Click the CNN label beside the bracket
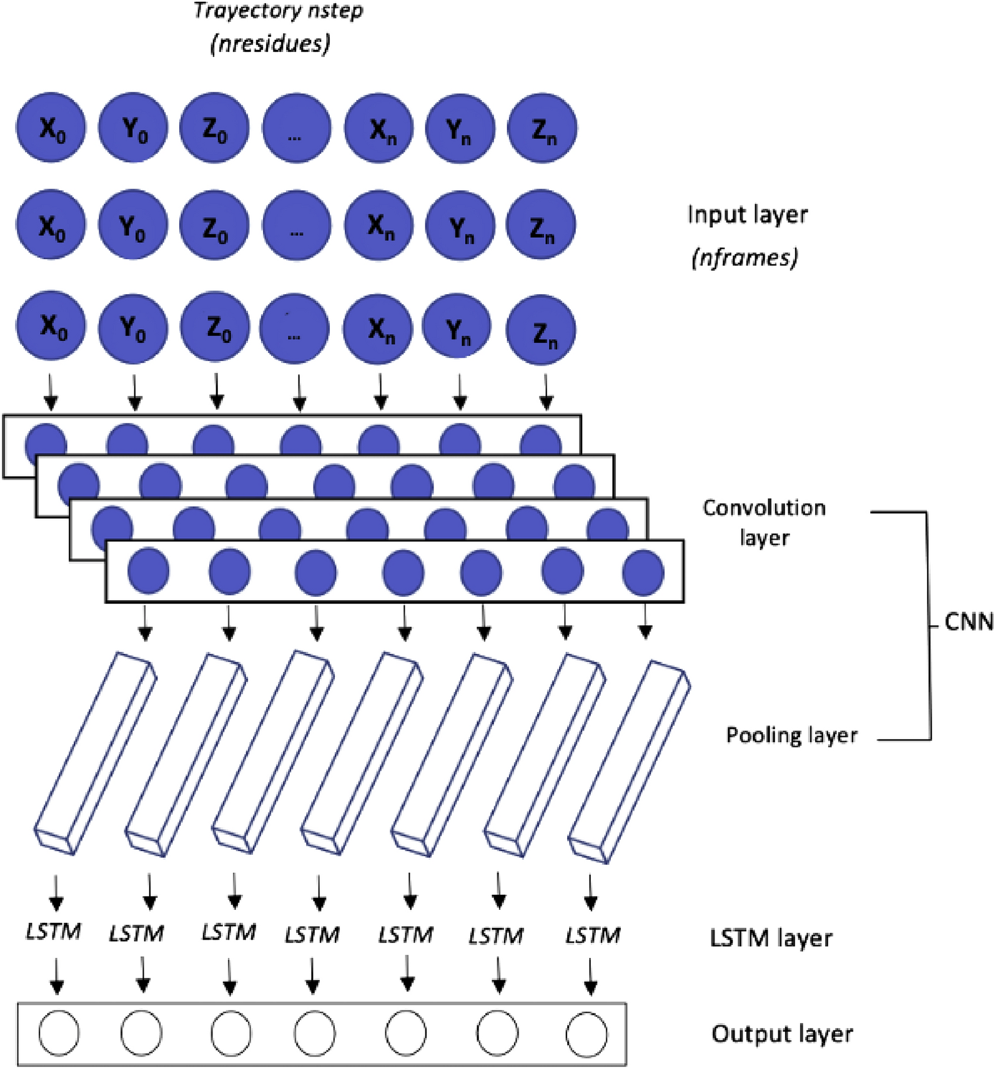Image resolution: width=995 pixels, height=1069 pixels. click(968, 622)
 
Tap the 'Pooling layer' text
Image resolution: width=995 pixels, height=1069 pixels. click(791, 735)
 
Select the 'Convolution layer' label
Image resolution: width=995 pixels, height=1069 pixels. click(764, 523)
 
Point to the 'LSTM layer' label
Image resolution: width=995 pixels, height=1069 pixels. click(771, 938)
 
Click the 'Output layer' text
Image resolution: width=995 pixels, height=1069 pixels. click(782, 1034)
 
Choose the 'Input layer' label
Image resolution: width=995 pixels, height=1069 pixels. click(747, 215)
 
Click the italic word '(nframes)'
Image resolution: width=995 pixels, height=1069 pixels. click(745, 257)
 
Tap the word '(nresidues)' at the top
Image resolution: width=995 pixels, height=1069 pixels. click(270, 44)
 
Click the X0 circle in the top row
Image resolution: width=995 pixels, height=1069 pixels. click(51, 128)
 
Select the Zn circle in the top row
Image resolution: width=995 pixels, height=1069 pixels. click(542, 129)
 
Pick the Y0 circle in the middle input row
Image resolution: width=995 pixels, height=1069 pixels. click(132, 225)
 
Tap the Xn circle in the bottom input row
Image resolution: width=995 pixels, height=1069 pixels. click(379, 328)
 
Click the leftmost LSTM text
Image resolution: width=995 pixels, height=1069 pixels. click(54, 932)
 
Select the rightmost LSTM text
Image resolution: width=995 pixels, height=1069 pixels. click(593, 935)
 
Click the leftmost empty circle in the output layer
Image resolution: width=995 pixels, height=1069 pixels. click(59, 1033)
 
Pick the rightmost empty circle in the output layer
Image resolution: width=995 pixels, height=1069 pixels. click(587, 1035)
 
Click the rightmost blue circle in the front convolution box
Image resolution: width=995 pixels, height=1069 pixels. click(643, 573)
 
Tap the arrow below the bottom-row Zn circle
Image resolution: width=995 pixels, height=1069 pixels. click(546, 392)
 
